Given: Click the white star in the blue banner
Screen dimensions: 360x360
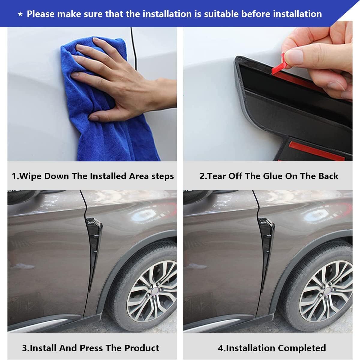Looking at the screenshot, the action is tap(20, 14).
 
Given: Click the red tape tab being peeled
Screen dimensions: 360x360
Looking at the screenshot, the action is tap(280, 64).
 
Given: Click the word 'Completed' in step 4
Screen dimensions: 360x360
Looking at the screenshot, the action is tap(302, 348).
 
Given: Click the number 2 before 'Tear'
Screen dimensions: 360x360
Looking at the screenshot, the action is tap(202, 176).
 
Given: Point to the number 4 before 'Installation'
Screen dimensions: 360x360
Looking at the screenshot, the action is tap(220, 348).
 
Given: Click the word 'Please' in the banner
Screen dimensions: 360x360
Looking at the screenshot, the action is tap(41, 14).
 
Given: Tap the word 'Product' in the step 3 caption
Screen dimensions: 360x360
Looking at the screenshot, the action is tap(142, 348).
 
